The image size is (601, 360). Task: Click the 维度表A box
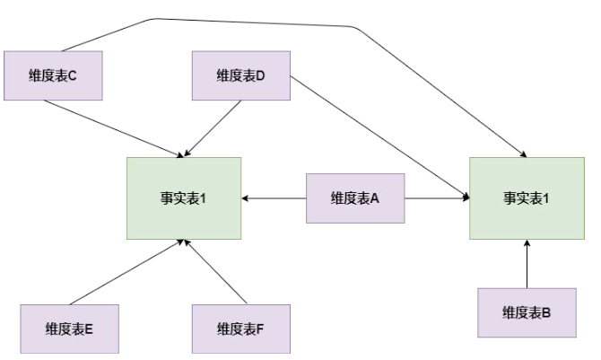355,198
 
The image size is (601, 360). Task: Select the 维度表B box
527,312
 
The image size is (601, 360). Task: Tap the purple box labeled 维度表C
53,75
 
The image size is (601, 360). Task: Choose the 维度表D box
240,75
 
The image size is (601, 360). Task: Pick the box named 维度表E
70,329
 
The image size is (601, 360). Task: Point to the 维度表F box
240,329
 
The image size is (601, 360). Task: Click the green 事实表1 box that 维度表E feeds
184,198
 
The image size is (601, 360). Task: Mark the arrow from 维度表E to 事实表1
126,272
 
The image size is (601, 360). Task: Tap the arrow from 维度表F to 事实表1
215,271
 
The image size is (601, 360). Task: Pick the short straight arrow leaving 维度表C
112,127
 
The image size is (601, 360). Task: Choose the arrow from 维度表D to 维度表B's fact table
377,135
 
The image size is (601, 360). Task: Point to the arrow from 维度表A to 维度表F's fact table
274,198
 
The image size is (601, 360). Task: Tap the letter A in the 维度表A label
375,198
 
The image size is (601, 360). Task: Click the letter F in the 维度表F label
259,329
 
